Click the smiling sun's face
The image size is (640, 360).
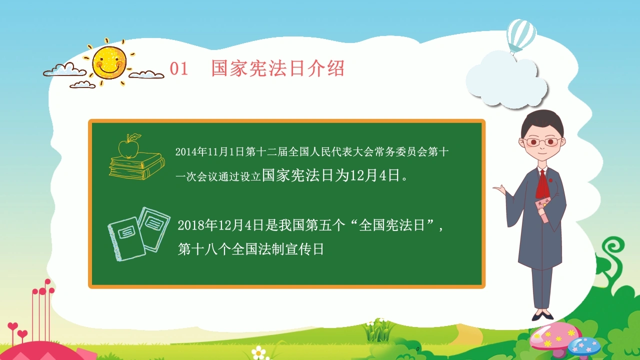pyautogui.click(x=109, y=62)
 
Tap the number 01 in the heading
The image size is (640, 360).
pyautogui.click(x=179, y=69)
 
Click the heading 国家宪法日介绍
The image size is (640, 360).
pyautogui.click(x=277, y=68)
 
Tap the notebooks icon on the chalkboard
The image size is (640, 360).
pyautogui.click(x=139, y=234)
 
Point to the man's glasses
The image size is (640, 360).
pyautogui.click(x=542, y=141)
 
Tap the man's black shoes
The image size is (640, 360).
pyautogui.click(x=542, y=315)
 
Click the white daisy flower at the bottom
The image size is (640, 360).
pyautogui.click(x=259, y=352)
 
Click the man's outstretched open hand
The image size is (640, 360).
pyautogui.click(x=499, y=189)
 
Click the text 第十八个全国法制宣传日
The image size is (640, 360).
pyautogui.click(x=251, y=249)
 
